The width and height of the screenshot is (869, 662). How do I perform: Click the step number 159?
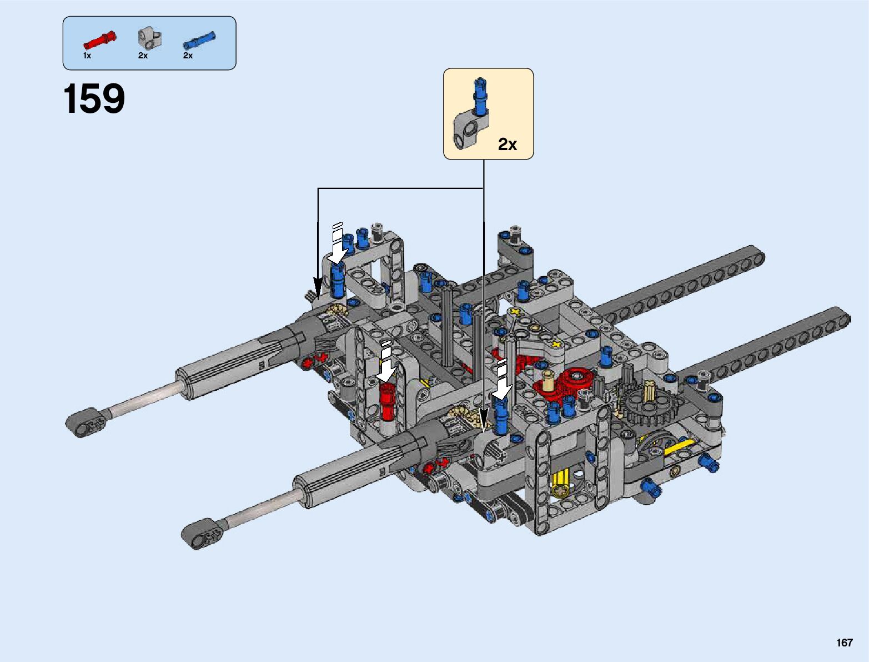tap(94, 98)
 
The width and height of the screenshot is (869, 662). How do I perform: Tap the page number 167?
tap(845, 642)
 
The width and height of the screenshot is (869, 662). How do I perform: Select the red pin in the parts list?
tap(99, 39)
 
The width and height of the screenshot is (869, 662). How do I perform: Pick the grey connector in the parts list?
tap(150, 38)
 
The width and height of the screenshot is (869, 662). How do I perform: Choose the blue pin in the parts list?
tap(199, 40)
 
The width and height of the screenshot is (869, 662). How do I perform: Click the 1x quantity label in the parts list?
tap(87, 56)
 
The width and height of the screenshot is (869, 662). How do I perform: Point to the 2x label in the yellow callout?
tap(507, 144)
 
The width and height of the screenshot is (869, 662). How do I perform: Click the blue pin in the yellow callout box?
tap(480, 96)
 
